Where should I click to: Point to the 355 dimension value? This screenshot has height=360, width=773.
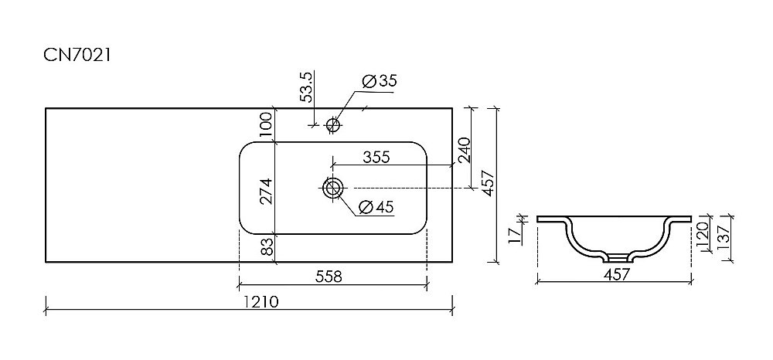[375, 156]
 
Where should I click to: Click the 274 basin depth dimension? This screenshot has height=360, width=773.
[266, 188]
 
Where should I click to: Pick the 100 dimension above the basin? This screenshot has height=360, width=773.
[266, 124]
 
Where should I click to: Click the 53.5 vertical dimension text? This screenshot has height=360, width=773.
[307, 87]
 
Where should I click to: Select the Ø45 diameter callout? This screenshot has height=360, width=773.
[377, 207]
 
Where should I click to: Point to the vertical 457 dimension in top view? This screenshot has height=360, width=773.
[487, 183]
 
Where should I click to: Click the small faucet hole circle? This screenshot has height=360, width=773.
[333, 124]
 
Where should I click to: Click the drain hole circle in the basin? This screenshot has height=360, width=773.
[333, 188]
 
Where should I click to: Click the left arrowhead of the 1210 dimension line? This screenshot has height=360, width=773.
[48, 311]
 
